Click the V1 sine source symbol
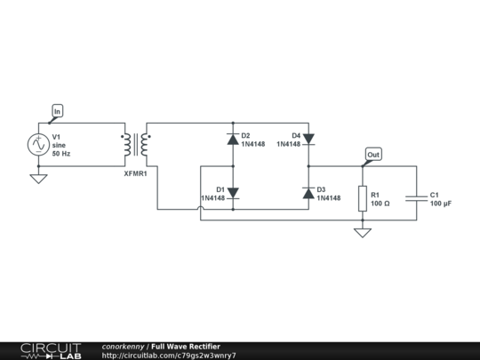coord(38,145)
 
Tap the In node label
coord(58,111)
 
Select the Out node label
coord(373,155)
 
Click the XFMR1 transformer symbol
coord(136,145)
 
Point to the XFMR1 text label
coord(135,173)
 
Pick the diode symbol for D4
coord(308,139)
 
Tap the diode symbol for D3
coord(308,193)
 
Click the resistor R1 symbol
coord(362,199)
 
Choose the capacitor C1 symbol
coord(415,199)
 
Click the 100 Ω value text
coord(380,204)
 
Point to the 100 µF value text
coord(441,204)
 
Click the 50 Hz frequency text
coord(62,155)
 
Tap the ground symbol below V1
coord(38,179)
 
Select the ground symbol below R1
coord(362,233)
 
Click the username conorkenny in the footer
coord(124,346)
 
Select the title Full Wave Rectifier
coord(186,346)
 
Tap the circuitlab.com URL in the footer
coord(169,356)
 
